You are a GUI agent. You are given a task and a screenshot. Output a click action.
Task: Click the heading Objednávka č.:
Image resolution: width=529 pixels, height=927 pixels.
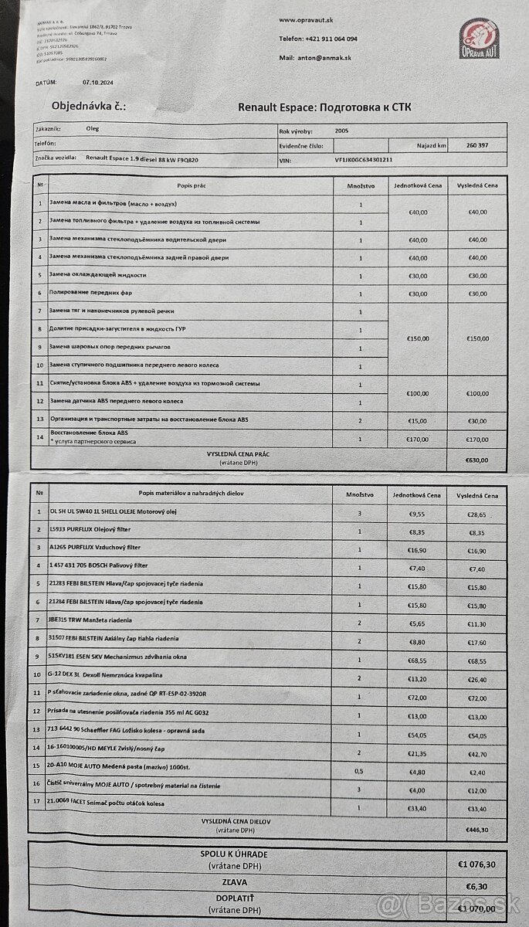coord(88,106)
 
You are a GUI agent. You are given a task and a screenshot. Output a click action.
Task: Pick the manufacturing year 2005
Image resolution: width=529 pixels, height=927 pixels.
coord(342,131)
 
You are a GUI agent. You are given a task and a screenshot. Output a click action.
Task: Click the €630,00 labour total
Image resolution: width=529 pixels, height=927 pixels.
coord(478,459)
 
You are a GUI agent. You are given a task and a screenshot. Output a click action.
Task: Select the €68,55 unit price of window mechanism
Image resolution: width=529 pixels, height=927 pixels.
coord(417,661)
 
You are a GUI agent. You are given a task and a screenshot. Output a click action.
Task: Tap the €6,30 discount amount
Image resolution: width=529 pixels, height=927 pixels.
coord(478,887)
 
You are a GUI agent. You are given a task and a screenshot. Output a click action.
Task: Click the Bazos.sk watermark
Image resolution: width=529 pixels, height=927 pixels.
coord(449,905)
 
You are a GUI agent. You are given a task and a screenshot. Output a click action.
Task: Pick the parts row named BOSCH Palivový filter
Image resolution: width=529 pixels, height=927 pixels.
coord(99,566)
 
